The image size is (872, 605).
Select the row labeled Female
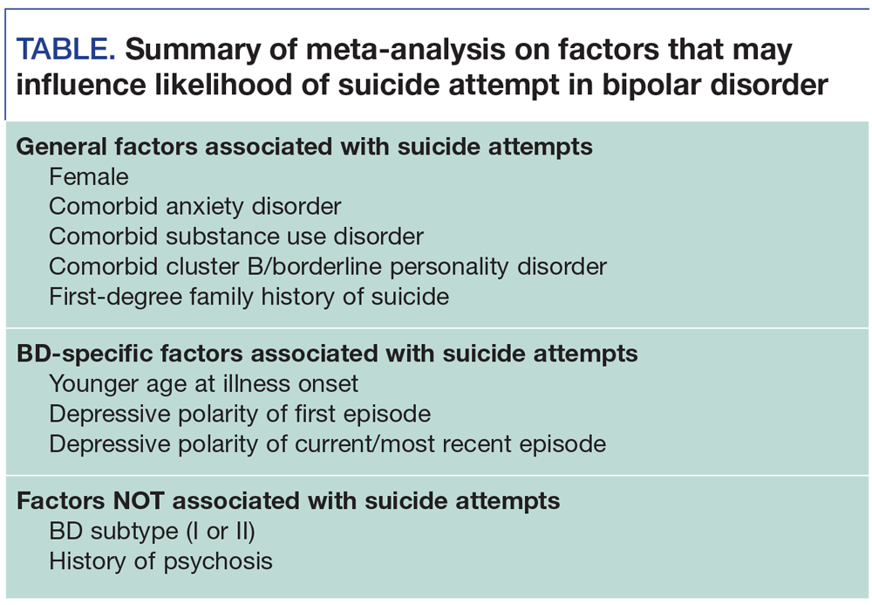tap(89, 177)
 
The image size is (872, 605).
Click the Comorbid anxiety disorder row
tap(194, 207)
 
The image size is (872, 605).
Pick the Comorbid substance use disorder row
tap(235, 237)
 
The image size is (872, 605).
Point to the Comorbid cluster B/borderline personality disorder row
tap(327, 266)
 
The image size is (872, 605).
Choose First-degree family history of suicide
tap(249, 296)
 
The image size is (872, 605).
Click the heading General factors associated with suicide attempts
tap(304, 146)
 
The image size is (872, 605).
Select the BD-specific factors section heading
tap(327, 354)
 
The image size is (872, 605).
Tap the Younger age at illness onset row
tap(203, 383)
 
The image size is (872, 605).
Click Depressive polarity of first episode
tap(239, 413)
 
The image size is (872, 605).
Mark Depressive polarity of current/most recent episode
tap(327, 443)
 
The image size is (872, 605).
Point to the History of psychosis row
tap(160, 560)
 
